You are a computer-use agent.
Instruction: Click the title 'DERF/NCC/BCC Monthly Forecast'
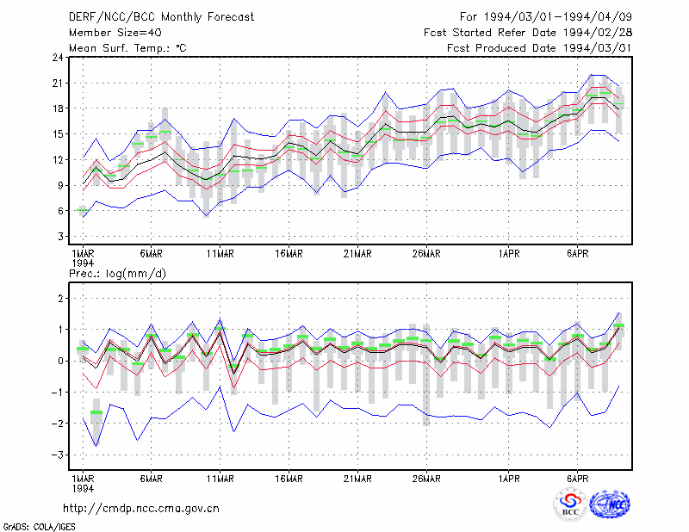tap(161, 17)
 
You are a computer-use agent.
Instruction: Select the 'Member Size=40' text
tap(115, 33)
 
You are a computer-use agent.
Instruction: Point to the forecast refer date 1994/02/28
tap(598, 33)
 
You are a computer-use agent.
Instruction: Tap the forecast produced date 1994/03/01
tap(598, 48)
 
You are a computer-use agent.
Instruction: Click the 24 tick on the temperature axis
tap(58, 58)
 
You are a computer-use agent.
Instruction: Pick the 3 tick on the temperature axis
tap(60, 237)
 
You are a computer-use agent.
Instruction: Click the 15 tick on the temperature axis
tap(58, 134)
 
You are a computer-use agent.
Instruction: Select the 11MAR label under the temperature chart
tap(220, 254)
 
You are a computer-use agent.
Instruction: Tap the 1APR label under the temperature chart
tap(509, 254)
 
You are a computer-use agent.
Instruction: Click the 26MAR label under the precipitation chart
tap(426, 479)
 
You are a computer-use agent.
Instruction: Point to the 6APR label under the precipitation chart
tap(577, 479)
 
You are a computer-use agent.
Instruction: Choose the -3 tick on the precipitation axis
tap(57, 455)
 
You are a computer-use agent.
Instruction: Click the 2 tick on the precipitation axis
tap(60, 299)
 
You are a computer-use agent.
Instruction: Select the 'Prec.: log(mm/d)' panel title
tap(117, 274)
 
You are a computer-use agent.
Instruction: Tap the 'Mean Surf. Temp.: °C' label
tap(127, 48)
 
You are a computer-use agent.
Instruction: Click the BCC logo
tap(570, 504)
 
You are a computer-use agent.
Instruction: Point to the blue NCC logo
tap(610, 504)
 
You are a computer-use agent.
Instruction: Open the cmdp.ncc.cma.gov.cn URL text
tap(141, 509)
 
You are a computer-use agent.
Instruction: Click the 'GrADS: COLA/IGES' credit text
tap(39, 527)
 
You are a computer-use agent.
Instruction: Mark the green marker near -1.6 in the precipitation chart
tap(96, 412)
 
